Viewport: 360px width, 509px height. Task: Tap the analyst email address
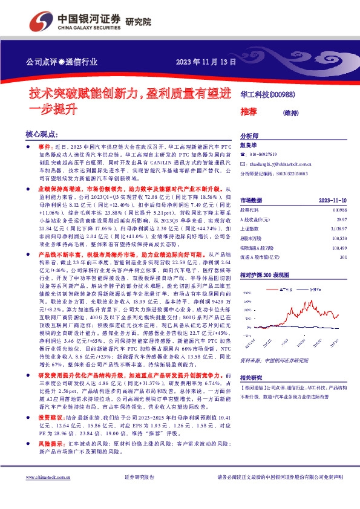[x=279, y=164]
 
